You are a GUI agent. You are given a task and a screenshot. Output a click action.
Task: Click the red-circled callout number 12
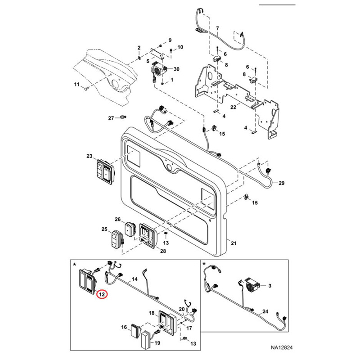[102, 294]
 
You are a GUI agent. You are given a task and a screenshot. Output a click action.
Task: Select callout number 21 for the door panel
[233, 243]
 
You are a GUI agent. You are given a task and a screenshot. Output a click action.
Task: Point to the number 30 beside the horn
[176, 69]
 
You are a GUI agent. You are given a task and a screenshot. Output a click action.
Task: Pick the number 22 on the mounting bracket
[233, 107]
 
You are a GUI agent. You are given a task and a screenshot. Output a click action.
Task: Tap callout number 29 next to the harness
[282, 183]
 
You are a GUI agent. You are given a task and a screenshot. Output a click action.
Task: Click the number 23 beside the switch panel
[89, 156]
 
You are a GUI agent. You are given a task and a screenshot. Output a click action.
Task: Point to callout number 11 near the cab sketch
[76, 85]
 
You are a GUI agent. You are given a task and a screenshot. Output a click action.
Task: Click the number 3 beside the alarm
[270, 286]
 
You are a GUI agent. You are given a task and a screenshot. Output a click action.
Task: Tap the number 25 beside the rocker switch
[104, 229]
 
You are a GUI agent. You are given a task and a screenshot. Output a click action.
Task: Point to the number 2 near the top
[139, 48]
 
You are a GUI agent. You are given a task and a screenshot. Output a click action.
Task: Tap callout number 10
[180, 47]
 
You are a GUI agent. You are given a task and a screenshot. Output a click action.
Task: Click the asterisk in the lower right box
[204, 264]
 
